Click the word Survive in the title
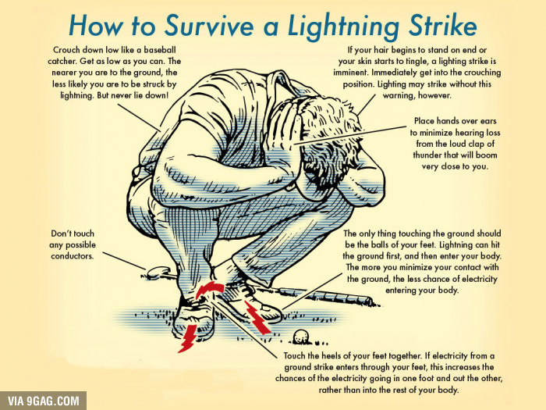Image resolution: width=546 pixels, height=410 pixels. coord(209,26)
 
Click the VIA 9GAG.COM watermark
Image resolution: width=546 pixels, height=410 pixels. coord(43,401)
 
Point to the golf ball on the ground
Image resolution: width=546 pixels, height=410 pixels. coord(300,337)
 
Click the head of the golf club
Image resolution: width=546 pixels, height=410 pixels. coord(158,272)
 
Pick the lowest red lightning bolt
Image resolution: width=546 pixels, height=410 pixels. coord(187,338)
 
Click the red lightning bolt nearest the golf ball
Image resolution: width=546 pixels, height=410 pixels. coord(257,317)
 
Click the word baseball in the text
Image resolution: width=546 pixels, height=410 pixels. coord(160,50)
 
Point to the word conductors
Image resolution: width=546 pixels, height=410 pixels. coord(72,256)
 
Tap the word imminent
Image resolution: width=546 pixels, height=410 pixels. coord(351,73)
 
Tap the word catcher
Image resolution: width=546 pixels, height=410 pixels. coord(62,62)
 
